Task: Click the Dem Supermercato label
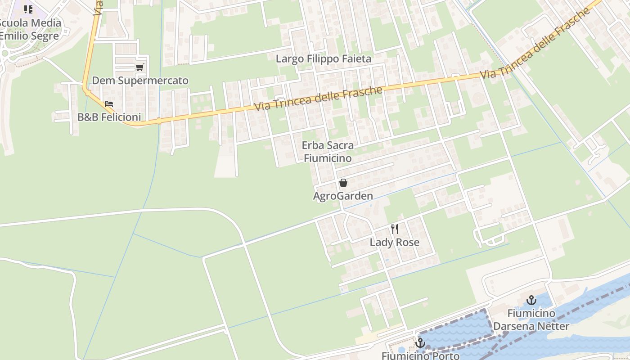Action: (x=140, y=81)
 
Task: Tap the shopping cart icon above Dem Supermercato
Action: (x=139, y=67)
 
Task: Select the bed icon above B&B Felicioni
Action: (x=109, y=104)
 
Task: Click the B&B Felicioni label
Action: (x=109, y=117)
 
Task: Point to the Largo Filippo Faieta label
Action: (x=324, y=59)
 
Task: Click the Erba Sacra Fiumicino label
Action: (x=328, y=152)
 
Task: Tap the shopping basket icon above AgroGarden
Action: (x=343, y=183)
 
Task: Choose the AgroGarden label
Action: (x=343, y=196)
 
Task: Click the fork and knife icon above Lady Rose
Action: (x=395, y=229)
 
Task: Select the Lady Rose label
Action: (x=395, y=243)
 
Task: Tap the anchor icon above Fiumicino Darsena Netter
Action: (x=531, y=300)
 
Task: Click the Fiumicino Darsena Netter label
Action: (x=531, y=319)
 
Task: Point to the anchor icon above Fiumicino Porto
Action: (x=420, y=343)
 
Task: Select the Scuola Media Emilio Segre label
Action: (x=30, y=29)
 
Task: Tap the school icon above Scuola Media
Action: (x=28, y=9)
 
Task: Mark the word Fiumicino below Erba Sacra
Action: (x=328, y=158)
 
